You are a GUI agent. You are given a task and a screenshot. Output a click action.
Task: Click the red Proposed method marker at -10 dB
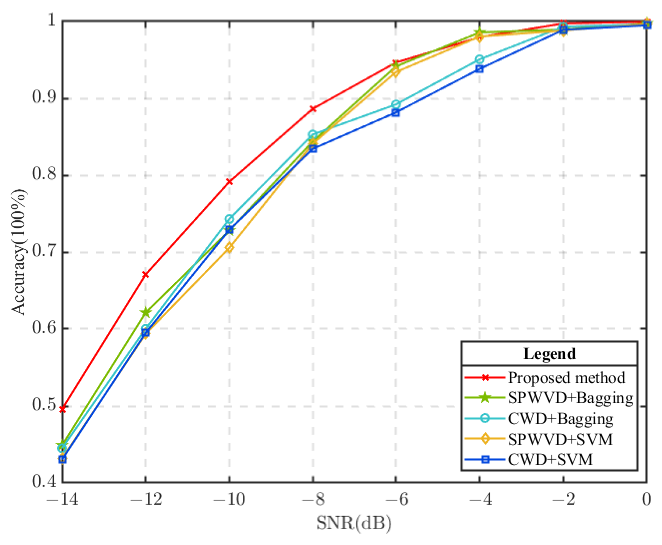pos(229,182)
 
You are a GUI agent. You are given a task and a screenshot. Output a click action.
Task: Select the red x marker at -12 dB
pos(145,275)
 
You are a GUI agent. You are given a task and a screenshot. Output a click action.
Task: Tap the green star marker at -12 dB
pos(146,312)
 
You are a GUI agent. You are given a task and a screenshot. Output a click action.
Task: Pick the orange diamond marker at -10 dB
pos(229,248)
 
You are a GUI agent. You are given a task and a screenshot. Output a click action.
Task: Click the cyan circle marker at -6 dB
pos(396,104)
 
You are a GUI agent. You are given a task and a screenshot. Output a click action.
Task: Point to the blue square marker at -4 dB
pos(480,69)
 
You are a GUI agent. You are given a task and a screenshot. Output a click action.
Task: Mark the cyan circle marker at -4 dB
pos(480,59)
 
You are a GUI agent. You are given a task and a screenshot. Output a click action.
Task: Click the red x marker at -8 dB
pos(313,109)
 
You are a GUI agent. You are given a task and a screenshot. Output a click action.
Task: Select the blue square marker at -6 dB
pos(396,113)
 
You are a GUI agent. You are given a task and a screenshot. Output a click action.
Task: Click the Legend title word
pos(549,354)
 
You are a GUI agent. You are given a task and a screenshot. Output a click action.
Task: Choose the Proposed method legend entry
pos(566,378)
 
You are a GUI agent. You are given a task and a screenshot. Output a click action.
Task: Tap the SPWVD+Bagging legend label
pos(570,398)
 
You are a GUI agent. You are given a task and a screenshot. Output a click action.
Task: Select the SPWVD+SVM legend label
pos(560,439)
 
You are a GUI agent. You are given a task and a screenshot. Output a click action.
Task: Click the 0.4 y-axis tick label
pos(45,482)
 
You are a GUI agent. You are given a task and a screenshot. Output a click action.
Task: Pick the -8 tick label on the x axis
pos(313,499)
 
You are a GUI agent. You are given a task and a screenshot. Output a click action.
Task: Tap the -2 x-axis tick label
pos(563,499)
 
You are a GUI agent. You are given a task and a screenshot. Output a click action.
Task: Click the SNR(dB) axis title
pos(354,523)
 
